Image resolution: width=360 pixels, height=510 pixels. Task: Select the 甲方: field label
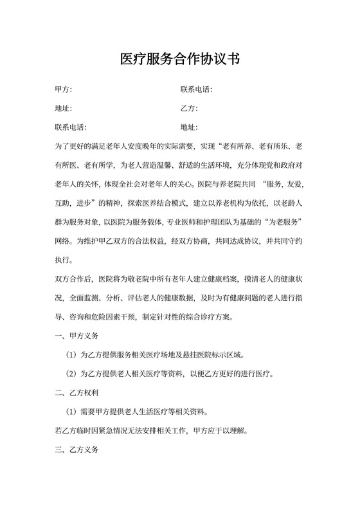pyautogui.click(x=64, y=89)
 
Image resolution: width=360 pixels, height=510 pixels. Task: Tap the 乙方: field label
pyautogui.click(x=189, y=108)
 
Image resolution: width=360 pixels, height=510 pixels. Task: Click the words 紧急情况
pyautogui.click(x=115, y=430)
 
